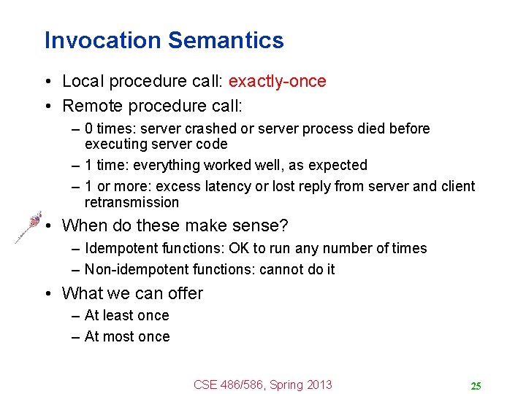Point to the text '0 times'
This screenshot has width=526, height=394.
coord(109,128)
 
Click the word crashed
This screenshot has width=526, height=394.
coord(208,128)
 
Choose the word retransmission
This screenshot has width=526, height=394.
coord(131,202)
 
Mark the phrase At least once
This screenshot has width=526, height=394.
coord(126,315)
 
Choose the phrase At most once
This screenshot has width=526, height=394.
coord(127,336)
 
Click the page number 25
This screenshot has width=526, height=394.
coord(475,386)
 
